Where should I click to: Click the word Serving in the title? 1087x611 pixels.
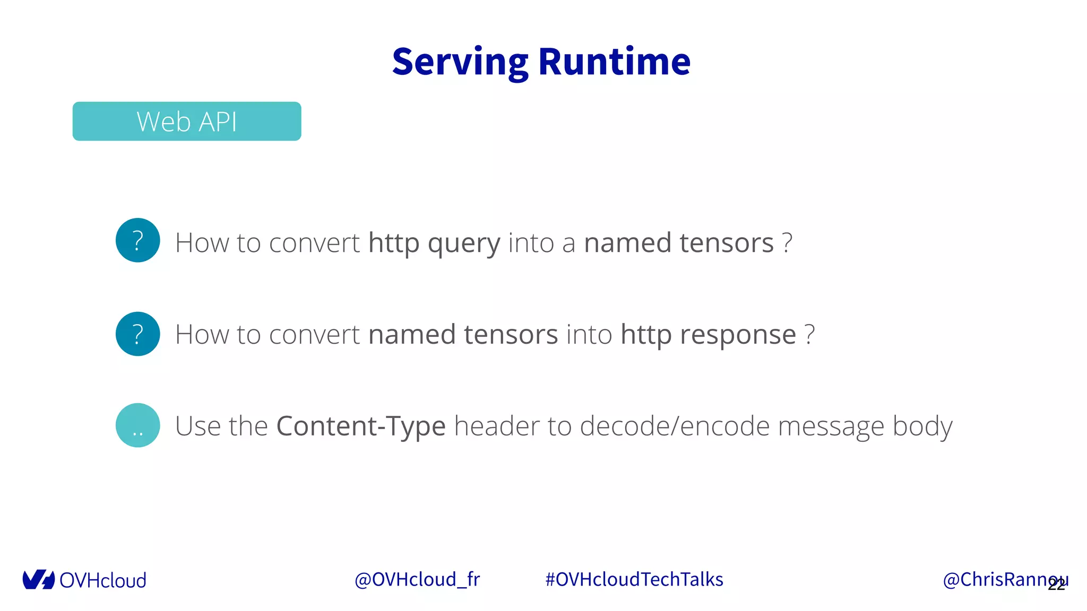460,62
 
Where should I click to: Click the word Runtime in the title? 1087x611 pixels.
614,62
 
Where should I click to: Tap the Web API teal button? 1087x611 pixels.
187,121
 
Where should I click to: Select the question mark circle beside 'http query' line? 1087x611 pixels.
138,240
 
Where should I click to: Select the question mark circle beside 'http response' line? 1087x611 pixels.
138,334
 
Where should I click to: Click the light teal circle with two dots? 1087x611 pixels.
138,425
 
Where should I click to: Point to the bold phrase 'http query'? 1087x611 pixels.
434,243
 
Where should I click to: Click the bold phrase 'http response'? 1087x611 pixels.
708,335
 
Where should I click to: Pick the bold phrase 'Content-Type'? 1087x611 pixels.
361,426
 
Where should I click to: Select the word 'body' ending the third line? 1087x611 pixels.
922,426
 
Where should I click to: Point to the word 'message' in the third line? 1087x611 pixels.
831,426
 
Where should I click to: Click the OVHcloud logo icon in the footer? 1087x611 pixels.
38,580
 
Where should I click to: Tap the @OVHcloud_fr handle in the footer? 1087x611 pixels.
417,580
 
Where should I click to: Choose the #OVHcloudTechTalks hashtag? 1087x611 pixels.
634,580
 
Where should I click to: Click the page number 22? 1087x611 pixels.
1057,584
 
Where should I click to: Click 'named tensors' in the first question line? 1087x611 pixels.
678,243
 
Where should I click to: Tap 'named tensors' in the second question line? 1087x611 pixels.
463,335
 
